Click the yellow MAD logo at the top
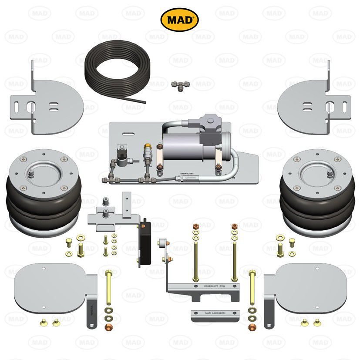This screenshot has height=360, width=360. click(x=180, y=20)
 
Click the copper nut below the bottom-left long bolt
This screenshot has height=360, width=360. click(x=109, y=326)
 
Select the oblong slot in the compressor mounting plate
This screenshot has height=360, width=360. click(x=128, y=131)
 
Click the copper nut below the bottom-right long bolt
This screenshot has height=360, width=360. click(x=251, y=326)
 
